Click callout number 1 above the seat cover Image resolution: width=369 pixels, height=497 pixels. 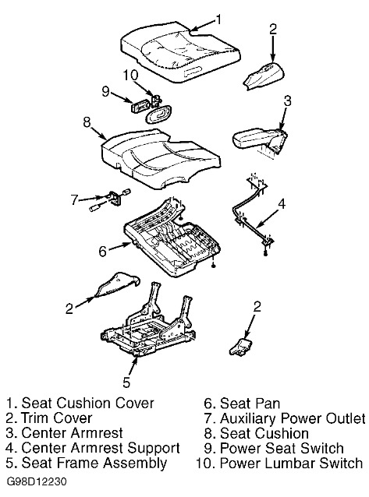click(x=218, y=19)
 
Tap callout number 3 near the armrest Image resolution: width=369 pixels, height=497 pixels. click(x=287, y=100)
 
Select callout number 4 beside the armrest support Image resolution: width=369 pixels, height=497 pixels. click(x=282, y=204)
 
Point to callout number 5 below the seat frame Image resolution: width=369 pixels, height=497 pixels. click(x=126, y=382)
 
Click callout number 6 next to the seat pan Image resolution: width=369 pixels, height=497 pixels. click(x=102, y=252)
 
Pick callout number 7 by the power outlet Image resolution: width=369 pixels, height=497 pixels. click(x=74, y=199)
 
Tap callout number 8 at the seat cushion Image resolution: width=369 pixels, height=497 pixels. click(x=87, y=122)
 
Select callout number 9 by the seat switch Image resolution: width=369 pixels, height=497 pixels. click(x=106, y=92)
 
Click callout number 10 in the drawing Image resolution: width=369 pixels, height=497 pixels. click(x=131, y=76)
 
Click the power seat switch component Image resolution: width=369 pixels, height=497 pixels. click(x=140, y=106)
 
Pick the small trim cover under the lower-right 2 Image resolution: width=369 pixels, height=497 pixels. click(x=241, y=347)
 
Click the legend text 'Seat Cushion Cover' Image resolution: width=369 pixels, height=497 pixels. click(x=87, y=404)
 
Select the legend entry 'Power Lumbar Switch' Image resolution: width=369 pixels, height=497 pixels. click(x=291, y=463)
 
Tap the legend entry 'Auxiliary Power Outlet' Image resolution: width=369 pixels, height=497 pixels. click(x=293, y=418)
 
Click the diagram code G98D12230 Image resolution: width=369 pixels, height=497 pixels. click(x=37, y=481)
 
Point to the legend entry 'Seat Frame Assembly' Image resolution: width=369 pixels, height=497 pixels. click(x=94, y=463)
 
